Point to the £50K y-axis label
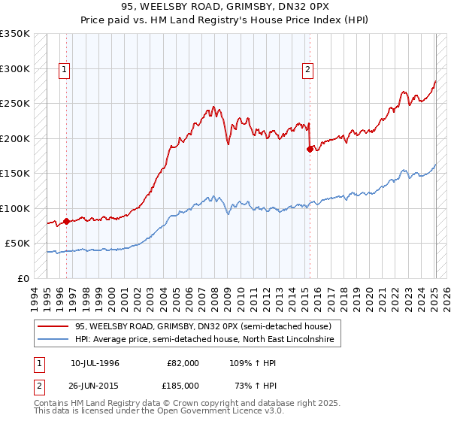point(17,244)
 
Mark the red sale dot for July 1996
point(66,221)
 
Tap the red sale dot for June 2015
point(310,149)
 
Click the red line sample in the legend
point(54,326)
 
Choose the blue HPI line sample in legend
point(54,340)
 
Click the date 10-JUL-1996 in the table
point(95,363)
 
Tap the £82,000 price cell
point(183,363)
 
